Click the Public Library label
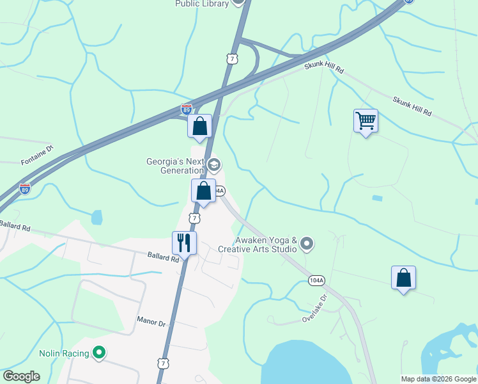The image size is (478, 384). pyautogui.click(x=202, y=4)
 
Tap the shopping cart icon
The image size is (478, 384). pyautogui.click(x=366, y=120)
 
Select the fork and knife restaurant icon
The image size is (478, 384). pyautogui.click(x=185, y=243)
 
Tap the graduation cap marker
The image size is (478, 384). pyautogui.click(x=214, y=166)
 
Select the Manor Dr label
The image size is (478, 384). pyautogui.click(x=151, y=318)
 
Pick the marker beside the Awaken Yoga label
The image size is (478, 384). pyautogui.click(x=307, y=243)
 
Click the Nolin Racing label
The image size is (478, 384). pyautogui.click(x=63, y=353)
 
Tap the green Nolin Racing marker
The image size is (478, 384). pyautogui.click(x=99, y=352)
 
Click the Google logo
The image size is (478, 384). pyautogui.click(x=21, y=376)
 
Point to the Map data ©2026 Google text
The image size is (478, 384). pyautogui.click(x=438, y=379)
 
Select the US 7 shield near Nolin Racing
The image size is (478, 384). pyautogui.click(x=164, y=364)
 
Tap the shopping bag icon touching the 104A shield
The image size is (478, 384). pyautogui.click(x=203, y=191)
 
